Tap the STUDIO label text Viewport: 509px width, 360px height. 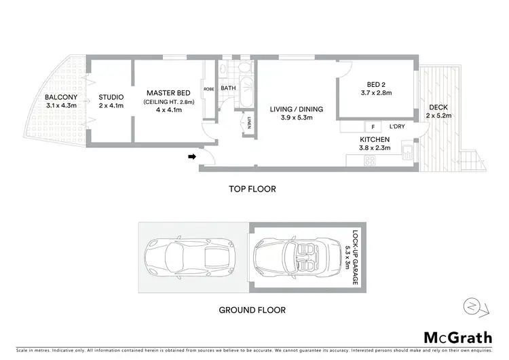coord(111,97)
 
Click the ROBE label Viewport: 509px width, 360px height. coord(209,89)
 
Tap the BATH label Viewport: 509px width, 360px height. coord(228,88)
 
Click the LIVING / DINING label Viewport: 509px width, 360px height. coord(296,109)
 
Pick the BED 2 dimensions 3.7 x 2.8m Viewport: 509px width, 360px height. coord(377,101)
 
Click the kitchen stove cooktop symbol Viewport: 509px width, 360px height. coord(371,161)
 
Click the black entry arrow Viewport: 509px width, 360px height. coord(192,158)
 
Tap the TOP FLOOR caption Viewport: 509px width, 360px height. coord(252,190)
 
